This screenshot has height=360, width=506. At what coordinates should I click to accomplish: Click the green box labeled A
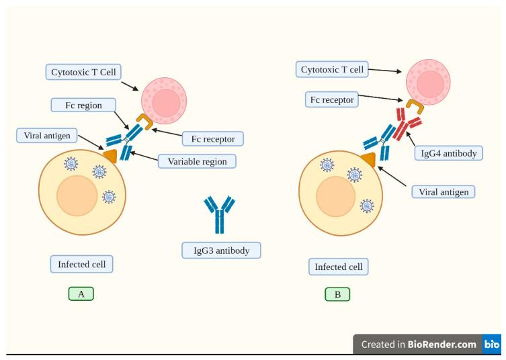click(x=81, y=294)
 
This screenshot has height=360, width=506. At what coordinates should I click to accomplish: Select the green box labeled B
click(x=337, y=294)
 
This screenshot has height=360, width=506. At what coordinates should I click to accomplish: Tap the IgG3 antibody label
click(x=221, y=251)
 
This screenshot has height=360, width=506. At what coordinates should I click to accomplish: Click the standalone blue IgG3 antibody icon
click(x=219, y=214)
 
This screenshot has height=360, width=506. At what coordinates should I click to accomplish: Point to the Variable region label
click(x=192, y=161)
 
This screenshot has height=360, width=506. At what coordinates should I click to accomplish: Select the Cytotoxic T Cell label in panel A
click(x=84, y=71)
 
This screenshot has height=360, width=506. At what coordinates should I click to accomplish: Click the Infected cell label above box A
click(x=81, y=264)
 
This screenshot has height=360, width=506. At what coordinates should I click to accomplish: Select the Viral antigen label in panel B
click(x=444, y=191)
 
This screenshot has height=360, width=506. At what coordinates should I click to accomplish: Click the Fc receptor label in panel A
click(x=213, y=138)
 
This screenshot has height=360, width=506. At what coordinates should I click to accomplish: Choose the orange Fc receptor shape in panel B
click(x=414, y=106)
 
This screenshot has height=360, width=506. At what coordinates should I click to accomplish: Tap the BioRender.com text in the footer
click(x=437, y=345)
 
